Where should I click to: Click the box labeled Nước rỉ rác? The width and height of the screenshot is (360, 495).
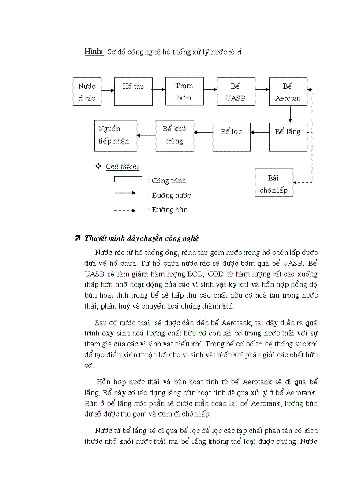pyautogui.click(x=86, y=92)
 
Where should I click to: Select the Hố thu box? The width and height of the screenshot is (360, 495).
pyautogui.click(x=133, y=92)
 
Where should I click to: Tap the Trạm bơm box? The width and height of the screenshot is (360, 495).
pyautogui.click(x=184, y=92)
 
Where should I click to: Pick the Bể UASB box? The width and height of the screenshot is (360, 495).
pyautogui.click(x=236, y=92)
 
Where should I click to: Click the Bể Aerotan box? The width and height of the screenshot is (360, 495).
pyautogui.click(x=288, y=92)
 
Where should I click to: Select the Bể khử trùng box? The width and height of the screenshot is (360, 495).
pyautogui.click(x=175, y=135)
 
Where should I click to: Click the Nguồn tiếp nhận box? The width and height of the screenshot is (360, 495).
pyautogui.click(x=116, y=135)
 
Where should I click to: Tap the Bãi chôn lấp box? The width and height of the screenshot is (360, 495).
pyautogui.click(x=274, y=184)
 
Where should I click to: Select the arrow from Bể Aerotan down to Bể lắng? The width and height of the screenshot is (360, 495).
pyautogui.click(x=290, y=114)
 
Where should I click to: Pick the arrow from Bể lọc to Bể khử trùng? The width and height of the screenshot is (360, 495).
pyautogui.click(x=203, y=132)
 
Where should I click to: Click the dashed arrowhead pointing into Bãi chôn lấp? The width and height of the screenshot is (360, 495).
pyautogui.click(x=296, y=182)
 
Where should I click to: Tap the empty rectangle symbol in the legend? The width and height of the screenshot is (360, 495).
pyautogui.click(x=128, y=179)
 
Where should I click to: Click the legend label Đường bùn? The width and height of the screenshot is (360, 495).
pyautogui.click(x=168, y=210)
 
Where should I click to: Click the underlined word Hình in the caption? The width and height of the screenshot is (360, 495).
pyautogui.click(x=94, y=52)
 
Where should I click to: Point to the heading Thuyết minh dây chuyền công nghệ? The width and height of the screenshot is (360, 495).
pyautogui.click(x=141, y=238)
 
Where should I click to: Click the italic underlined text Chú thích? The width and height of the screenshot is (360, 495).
pyautogui.click(x=122, y=166)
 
